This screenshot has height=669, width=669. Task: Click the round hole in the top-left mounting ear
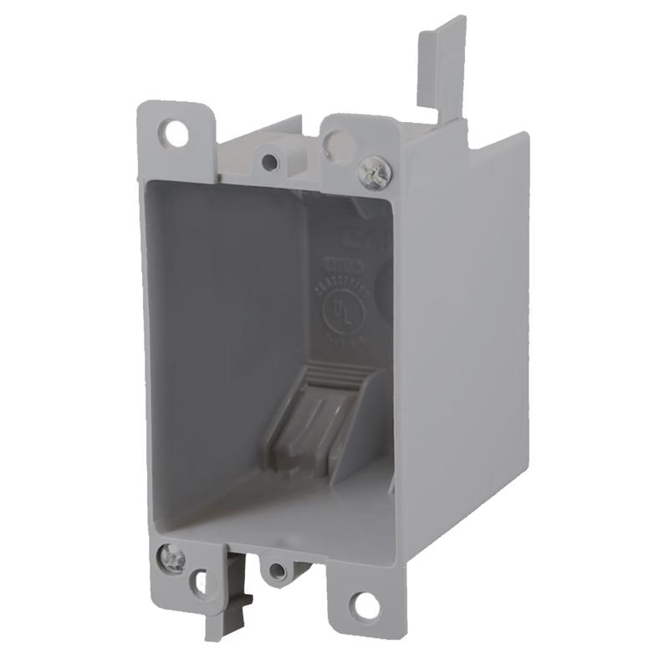176,131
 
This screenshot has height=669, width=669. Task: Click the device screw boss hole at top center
269,161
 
